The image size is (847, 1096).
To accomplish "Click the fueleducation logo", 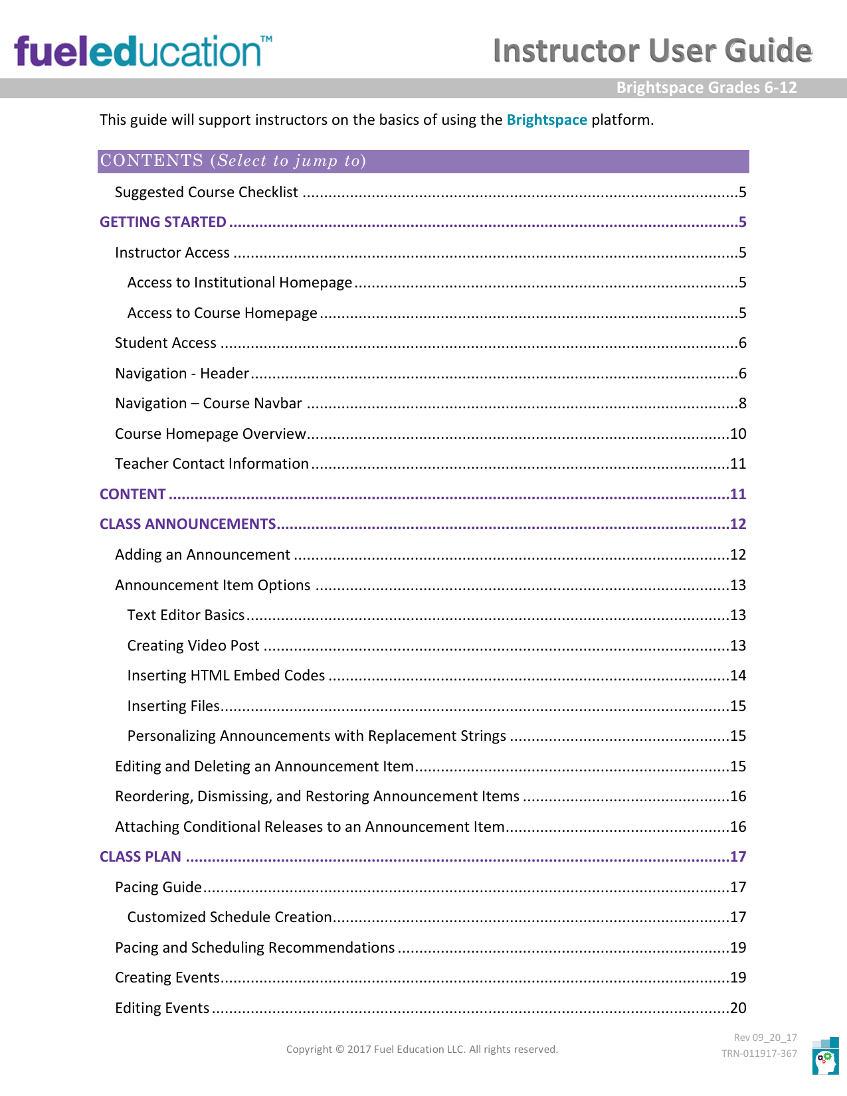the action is [143, 51].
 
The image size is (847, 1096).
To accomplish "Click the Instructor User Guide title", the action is [652, 50].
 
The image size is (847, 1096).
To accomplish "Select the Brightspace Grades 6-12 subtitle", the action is [706, 88].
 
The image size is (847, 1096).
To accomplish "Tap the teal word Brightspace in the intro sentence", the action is [547, 119].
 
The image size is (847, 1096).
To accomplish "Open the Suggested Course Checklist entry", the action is [206, 192].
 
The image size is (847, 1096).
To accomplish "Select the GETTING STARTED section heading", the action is [163, 222].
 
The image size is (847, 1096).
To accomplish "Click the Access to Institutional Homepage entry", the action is [239, 282].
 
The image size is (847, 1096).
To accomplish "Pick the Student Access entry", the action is [165, 343].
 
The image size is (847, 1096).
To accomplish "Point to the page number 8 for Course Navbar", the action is [742, 404].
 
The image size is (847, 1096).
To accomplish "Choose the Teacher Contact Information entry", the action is [211, 463].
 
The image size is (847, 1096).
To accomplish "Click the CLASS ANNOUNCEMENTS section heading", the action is [188, 524].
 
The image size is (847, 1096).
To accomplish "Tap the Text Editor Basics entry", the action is [186, 615].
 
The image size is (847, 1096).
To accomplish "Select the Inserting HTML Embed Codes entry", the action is [226, 675].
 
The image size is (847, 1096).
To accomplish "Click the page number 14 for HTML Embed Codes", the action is [738, 675].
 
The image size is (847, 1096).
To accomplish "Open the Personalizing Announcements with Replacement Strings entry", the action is [316, 736].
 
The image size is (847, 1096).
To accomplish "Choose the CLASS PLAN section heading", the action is [140, 856].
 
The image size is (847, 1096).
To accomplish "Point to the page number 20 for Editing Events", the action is [738, 1008].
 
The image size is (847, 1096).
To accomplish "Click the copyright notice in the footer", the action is [422, 1050].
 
